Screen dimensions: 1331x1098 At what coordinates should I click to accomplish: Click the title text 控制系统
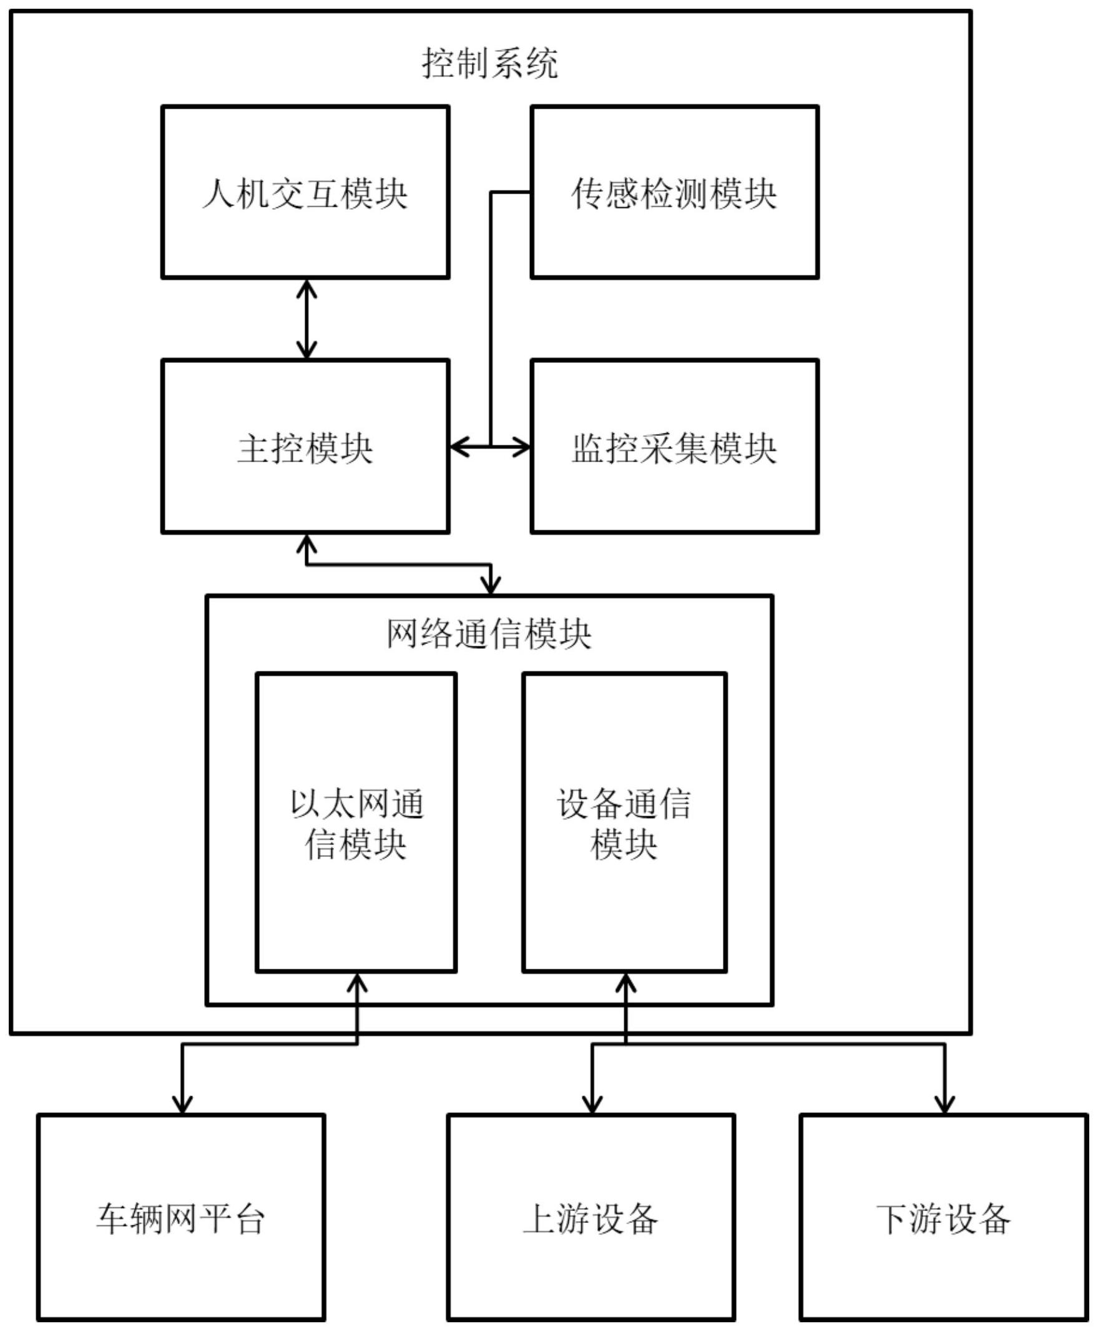489,63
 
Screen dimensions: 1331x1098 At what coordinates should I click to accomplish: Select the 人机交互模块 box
305,192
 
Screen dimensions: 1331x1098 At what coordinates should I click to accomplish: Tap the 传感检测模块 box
674,192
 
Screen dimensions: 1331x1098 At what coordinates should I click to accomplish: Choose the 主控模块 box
305,446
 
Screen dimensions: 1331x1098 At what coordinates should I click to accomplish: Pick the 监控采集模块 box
674,446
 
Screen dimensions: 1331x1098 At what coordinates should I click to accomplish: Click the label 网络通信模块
489,633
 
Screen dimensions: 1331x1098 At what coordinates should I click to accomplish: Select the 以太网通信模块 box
356,822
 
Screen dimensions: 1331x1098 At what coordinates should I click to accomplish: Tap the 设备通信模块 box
624,822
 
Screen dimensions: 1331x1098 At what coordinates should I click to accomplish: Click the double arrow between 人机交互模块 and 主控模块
306,319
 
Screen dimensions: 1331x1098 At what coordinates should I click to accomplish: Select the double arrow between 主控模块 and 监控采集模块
490,447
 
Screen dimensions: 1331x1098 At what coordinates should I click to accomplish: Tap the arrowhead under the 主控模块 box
306,542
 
